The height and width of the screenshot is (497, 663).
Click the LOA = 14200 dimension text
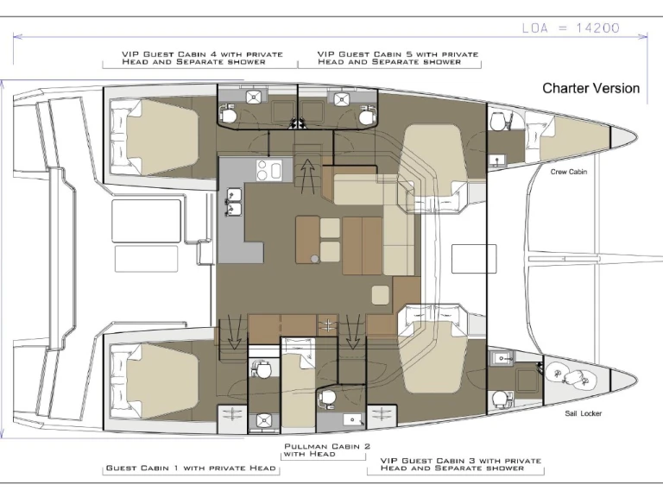click(571, 28)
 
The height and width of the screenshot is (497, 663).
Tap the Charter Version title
click(590, 88)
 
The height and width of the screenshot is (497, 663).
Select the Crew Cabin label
click(568, 172)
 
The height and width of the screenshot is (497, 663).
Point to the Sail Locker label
click(583, 413)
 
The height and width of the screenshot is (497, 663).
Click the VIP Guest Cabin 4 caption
click(202, 58)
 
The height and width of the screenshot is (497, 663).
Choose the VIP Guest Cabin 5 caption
click(397, 58)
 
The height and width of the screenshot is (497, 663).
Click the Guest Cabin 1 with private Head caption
click(191, 468)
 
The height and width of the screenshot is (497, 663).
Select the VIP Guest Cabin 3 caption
click(460, 464)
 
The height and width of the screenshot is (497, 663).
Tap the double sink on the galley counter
click(233, 202)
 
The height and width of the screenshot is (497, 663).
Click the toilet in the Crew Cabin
click(497, 121)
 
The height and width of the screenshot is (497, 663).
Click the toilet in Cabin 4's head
click(228, 113)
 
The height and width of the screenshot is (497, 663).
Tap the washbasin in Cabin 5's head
click(341, 99)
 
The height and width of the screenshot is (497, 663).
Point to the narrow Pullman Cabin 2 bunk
click(299, 383)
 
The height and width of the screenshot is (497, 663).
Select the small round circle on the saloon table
click(314, 258)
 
